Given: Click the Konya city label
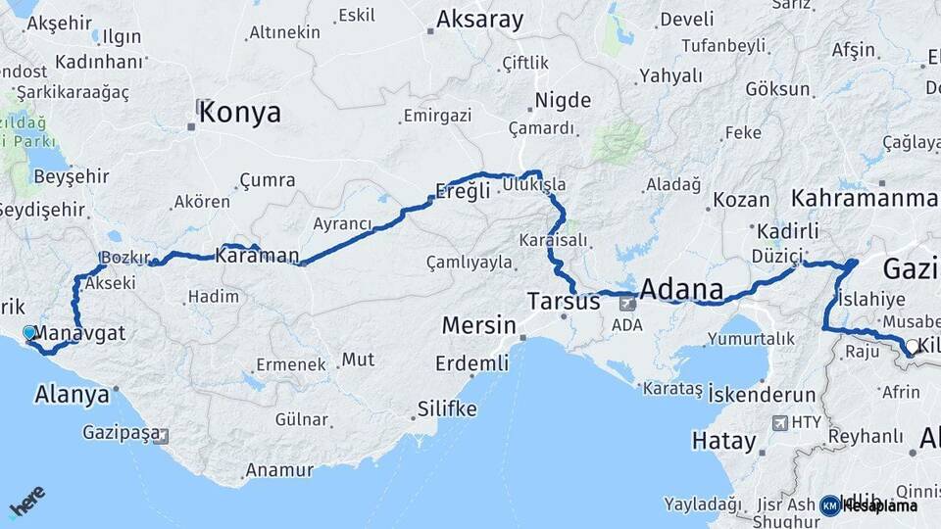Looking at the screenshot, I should pos(239,113).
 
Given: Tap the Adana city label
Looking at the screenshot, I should pos(681,290).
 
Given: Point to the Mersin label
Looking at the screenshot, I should pos(478,325).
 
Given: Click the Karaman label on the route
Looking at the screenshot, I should pos(257,256).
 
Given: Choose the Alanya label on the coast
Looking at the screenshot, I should pos(72,395).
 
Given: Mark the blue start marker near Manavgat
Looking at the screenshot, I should pos(28,333).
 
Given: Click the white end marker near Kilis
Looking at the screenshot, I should pos(912,346).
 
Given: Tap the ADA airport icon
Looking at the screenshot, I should pos(627,304).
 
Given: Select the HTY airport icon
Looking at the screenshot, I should pos(780,423).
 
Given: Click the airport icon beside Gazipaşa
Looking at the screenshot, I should pos(160,436).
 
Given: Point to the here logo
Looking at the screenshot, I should pos(26,502).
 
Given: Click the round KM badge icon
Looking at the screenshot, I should pos(829,505).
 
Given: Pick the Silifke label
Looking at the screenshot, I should pos(446,408).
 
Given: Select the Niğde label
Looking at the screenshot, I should pos(563,100).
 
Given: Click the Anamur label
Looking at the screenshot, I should pos(278,470).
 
